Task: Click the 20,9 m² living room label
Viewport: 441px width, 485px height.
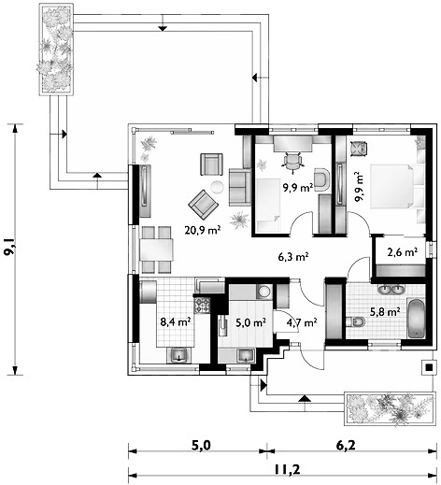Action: pyautogui.click(x=203, y=230)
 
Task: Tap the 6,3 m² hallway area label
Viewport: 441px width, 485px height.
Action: pyautogui.click(x=293, y=257)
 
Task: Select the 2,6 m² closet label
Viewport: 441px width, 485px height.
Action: pyautogui.click(x=402, y=252)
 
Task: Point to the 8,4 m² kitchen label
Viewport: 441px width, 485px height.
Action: pyautogui.click(x=176, y=322)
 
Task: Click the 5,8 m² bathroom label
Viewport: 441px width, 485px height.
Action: pyautogui.click(x=385, y=312)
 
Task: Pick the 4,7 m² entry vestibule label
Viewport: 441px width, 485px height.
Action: pyautogui.click(x=302, y=322)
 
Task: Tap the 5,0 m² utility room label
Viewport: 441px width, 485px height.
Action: pyautogui.click(x=250, y=322)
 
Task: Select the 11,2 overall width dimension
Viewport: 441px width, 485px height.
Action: pyautogui.click(x=288, y=469)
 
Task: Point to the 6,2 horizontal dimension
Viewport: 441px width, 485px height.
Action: pyautogui.click(x=346, y=446)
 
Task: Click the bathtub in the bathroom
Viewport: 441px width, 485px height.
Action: pyautogui.click(x=416, y=319)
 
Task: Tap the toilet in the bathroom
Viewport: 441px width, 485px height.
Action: pyautogui.click(x=357, y=321)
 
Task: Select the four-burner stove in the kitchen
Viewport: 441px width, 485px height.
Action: pyautogui.click(x=202, y=306)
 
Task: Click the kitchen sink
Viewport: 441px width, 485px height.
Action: pyautogui.click(x=178, y=355)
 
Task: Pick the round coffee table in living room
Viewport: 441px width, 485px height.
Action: pyautogui.click(x=217, y=187)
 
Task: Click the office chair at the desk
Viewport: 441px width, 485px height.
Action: pyautogui.click(x=292, y=161)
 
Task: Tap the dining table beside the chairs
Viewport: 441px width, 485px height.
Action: pyautogui.click(x=156, y=250)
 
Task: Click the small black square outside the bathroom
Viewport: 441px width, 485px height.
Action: pyautogui.click(x=429, y=367)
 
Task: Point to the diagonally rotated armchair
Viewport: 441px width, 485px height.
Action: pyautogui.click(x=204, y=205)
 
